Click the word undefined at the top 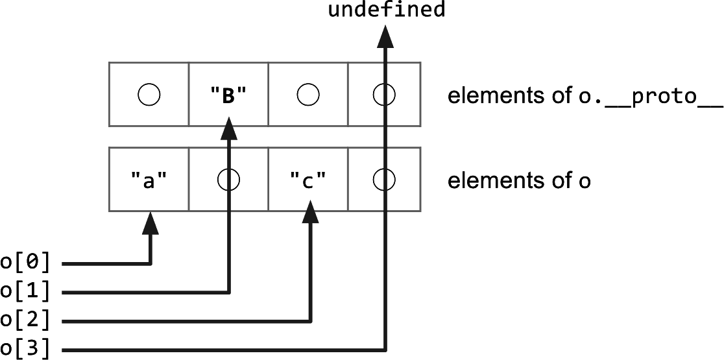pos(387,10)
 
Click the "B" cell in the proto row pos(228,95)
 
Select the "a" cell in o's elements pos(149,180)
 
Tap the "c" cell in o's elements pos(308,180)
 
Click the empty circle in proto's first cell pos(149,95)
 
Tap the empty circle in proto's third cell pos(308,95)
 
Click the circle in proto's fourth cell pos(384,95)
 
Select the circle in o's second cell pos(228,180)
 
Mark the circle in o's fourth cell pos(384,180)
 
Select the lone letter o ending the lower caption pos(585,182)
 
